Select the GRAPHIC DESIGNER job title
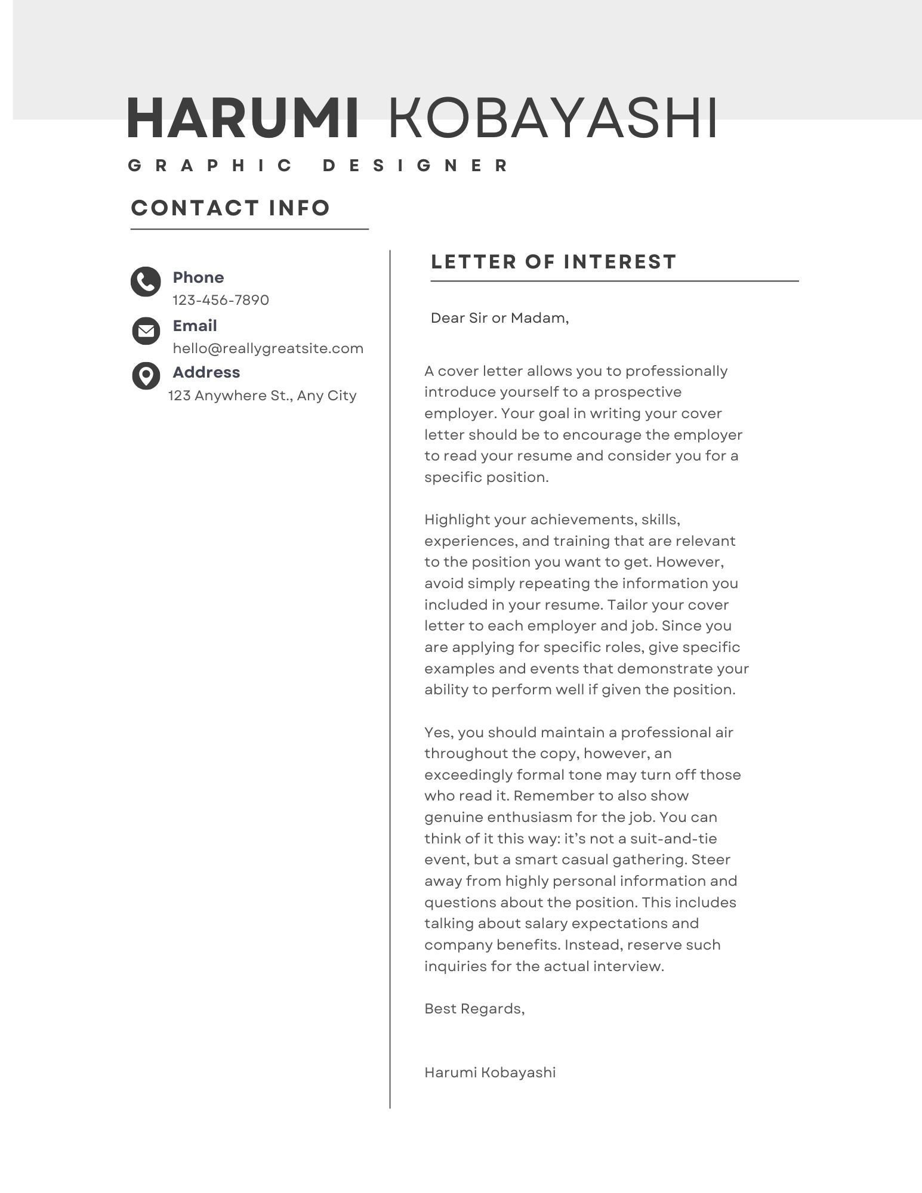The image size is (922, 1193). [x=319, y=165]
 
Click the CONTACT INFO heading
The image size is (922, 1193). [x=230, y=208]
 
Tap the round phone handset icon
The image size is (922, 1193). [x=146, y=282]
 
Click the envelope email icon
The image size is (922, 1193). [x=146, y=330]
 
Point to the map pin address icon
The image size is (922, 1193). [x=146, y=376]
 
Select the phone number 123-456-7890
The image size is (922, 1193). [x=221, y=300]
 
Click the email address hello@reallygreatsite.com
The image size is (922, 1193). [x=268, y=348]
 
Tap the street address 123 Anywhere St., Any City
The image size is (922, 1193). [x=262, y=395]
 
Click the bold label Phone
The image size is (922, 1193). [x=198, y=277]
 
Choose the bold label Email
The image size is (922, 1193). [x=195, y=326]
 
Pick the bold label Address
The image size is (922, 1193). [x=206, y=372]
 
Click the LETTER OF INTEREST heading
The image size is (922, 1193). [x=553, y=262]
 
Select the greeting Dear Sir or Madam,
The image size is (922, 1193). [x=499, y=318]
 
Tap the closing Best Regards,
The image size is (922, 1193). [x=474, y=1009]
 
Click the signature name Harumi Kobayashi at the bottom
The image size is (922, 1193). [x=490, y=1073]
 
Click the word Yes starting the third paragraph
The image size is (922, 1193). [x=437, y=733]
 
